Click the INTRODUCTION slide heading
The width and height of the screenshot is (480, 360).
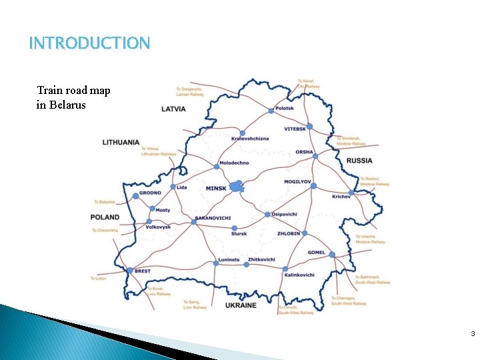90,44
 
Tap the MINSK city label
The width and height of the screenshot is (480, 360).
216,188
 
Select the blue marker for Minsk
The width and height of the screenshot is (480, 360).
236,187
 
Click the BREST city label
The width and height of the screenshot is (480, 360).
143,271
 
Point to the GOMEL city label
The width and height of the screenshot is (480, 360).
317,253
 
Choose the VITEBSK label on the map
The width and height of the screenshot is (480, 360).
295,128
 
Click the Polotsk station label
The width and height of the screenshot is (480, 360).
285,107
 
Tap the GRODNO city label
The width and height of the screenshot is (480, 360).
150,193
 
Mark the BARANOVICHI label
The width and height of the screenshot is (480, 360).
213,219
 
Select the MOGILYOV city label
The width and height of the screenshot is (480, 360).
297,181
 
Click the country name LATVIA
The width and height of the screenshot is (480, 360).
173,109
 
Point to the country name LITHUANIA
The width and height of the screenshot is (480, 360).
121,142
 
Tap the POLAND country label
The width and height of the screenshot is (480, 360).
105,217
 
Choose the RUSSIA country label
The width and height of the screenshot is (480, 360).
359,161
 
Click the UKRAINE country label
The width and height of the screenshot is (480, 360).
241,305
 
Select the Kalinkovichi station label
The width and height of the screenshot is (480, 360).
299,275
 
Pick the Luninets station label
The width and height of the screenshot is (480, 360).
229,259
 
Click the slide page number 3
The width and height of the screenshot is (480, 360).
472,334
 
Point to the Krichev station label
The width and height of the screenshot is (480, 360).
341,196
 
